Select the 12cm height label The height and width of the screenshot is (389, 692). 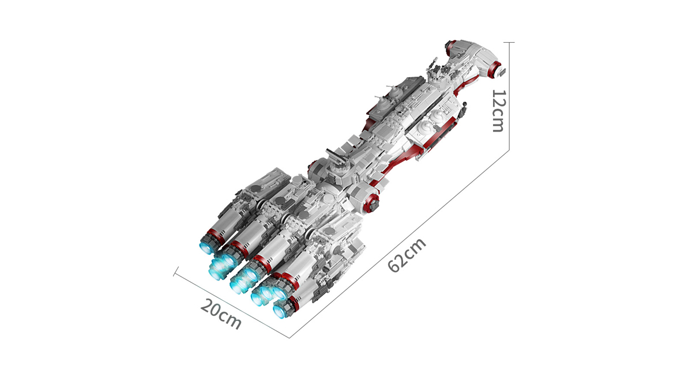(x=498, y=111)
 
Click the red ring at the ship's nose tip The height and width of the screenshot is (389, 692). (x=496, y=69)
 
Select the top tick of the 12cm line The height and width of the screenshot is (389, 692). (x=509, y=42)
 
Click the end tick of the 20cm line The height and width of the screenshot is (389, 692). (x=176, y=271)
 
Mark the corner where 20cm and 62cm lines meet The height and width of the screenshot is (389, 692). (x=289, y=338)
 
